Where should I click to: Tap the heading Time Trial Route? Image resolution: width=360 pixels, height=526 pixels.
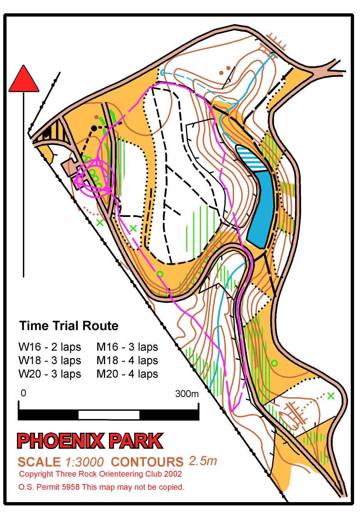[69, 326]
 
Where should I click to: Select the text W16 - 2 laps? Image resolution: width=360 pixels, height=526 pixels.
[50, 347]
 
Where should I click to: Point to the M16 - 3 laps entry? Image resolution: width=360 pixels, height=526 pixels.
[127, 347]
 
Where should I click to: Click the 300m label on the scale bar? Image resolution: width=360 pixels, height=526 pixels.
[187, 393]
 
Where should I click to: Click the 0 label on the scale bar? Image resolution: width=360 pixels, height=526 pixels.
[23, 393]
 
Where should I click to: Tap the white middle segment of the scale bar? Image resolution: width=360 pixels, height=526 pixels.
[109, 415]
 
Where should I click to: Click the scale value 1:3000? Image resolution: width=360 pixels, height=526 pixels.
[84, 462]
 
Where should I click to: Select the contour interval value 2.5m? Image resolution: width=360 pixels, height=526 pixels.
[203, 460]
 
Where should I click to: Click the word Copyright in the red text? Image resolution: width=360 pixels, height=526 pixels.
[35, 474]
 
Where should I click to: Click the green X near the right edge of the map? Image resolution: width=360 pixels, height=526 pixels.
[330, 395]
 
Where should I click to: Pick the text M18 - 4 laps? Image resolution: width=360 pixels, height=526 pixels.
[127, 360]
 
